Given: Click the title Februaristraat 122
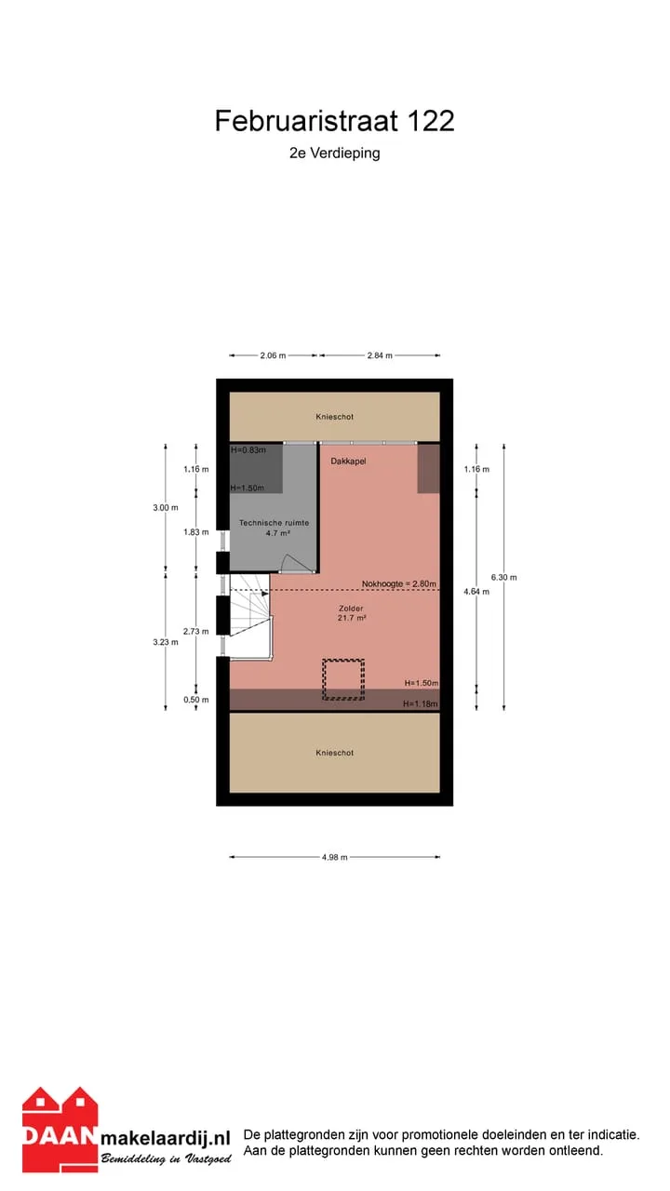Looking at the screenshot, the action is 334,121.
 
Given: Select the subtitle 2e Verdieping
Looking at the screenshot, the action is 334,154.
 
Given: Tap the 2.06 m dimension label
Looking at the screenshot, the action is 273,355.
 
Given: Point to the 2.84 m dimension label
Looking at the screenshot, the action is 380,355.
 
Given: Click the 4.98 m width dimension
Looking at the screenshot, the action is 334,857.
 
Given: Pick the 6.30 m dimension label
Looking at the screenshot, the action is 503,578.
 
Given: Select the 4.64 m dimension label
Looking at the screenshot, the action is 476,591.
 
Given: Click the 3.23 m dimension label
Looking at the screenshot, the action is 166,642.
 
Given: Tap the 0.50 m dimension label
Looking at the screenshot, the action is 196,700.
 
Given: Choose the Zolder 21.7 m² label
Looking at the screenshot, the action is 351,613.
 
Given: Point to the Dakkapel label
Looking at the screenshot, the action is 348,461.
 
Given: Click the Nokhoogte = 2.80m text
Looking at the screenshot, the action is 399,583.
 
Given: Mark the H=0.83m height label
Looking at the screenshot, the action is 248,449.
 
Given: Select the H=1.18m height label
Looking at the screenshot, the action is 420,704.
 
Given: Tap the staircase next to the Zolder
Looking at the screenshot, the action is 250,617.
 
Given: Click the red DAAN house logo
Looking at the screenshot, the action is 60,1129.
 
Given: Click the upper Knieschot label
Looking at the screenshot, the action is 334,417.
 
